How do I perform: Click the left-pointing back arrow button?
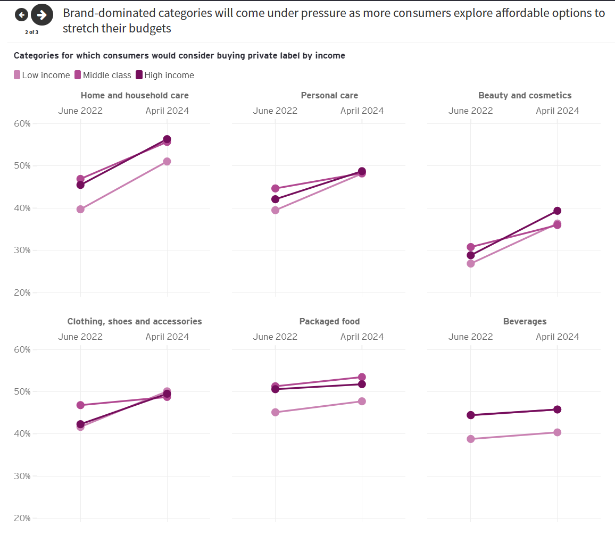[21, 14]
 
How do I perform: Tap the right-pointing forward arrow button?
[42, 14]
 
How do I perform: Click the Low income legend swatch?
[17, 75]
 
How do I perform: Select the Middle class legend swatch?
[78, 75]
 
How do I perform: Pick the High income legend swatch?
[139, 75]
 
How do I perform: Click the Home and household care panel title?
[135, 96]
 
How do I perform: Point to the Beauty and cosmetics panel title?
[525, 96]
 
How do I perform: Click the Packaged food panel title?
[329, 322]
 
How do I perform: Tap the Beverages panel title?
[525, 322]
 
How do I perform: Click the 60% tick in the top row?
[22, 124]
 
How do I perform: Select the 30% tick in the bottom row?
[22, 477]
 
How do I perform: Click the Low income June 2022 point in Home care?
[80, 210]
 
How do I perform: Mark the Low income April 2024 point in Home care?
[167, 162]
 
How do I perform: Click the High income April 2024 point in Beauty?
[557, 211]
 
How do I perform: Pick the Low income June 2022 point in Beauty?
[470, 263]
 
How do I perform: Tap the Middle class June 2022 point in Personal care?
[275, 189]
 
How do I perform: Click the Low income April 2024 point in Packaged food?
[362, 402]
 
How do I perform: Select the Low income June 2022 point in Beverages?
[470, 439]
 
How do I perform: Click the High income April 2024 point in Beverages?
[557, 409]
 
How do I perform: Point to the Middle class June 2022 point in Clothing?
[80, 405]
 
